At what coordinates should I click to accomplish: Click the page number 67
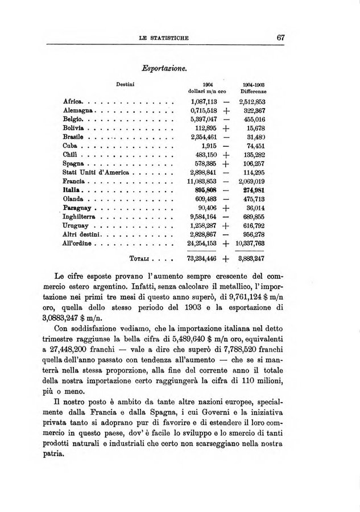click(x=280, y=37)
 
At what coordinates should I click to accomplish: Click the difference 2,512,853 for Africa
click(x=253, y=101)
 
